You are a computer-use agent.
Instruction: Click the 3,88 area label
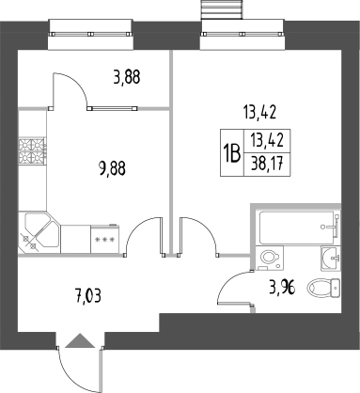click(x=127, y=78)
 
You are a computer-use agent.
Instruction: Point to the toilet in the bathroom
click(x=327, y=289)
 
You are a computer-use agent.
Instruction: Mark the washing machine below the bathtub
click(x=270, y=257)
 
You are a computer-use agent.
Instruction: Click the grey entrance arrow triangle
click(x=80, y=341)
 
